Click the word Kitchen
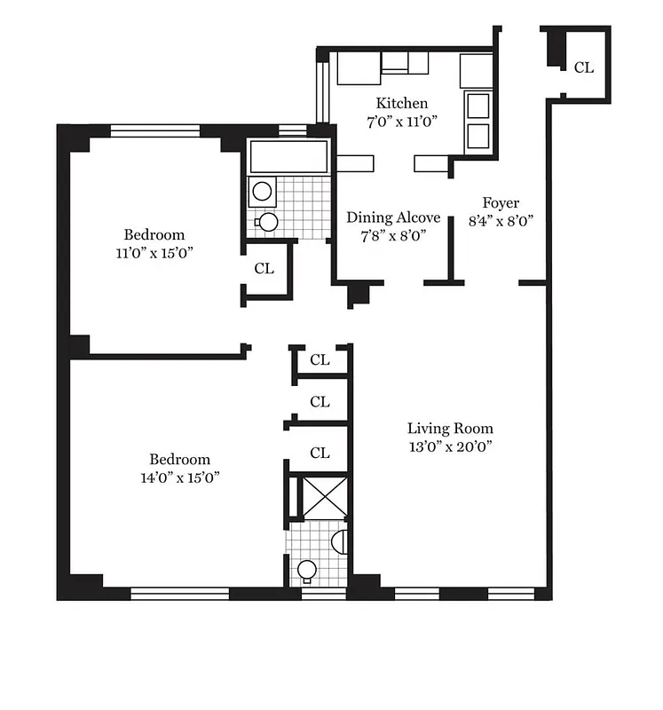click(x=401, y=103)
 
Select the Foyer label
click(x=501, y=202)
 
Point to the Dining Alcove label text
click(x=393, y=217)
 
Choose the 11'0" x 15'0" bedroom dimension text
click(x=154, y=252)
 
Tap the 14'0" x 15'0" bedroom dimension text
click(x=179, y=477)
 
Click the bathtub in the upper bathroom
click(x=290, y=157)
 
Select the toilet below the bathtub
click(x=267, y=221)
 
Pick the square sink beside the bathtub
click(x=262, y=190)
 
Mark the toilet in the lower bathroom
click(x=307, y=570)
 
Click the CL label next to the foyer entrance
click(x=583, y=67)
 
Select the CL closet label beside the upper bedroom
click(x=264, y=269)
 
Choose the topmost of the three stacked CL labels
click(x=320, y=359)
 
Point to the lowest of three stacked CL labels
click(x=320, y=453)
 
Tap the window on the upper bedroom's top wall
click(x=155, y=131)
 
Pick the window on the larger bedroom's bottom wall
click(x=179, y=592)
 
